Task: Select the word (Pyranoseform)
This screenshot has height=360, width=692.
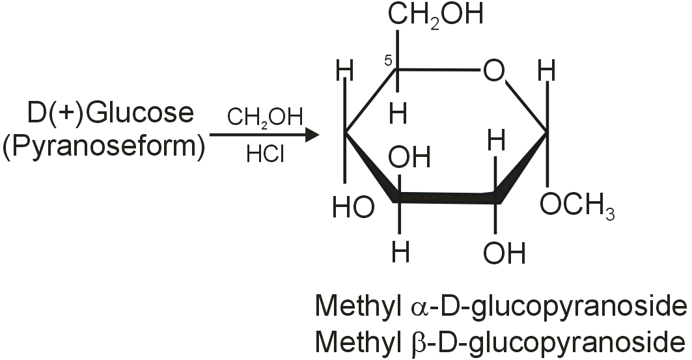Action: pos(104,145)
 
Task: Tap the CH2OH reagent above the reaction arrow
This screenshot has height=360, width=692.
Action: pos(264,118)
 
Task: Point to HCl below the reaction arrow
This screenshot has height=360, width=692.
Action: pos(264,155)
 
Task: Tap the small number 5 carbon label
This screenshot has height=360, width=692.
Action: pos(387,61)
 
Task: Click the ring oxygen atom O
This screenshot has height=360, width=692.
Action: pos(493,71)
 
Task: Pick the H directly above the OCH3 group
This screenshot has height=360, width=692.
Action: pos(548,71)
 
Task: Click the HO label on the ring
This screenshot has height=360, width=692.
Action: pos(353,207)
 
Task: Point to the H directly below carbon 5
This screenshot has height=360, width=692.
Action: pos(398,114)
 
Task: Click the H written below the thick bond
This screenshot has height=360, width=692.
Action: pos(400,251)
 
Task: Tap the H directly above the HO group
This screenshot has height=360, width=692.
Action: pos(345,71)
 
